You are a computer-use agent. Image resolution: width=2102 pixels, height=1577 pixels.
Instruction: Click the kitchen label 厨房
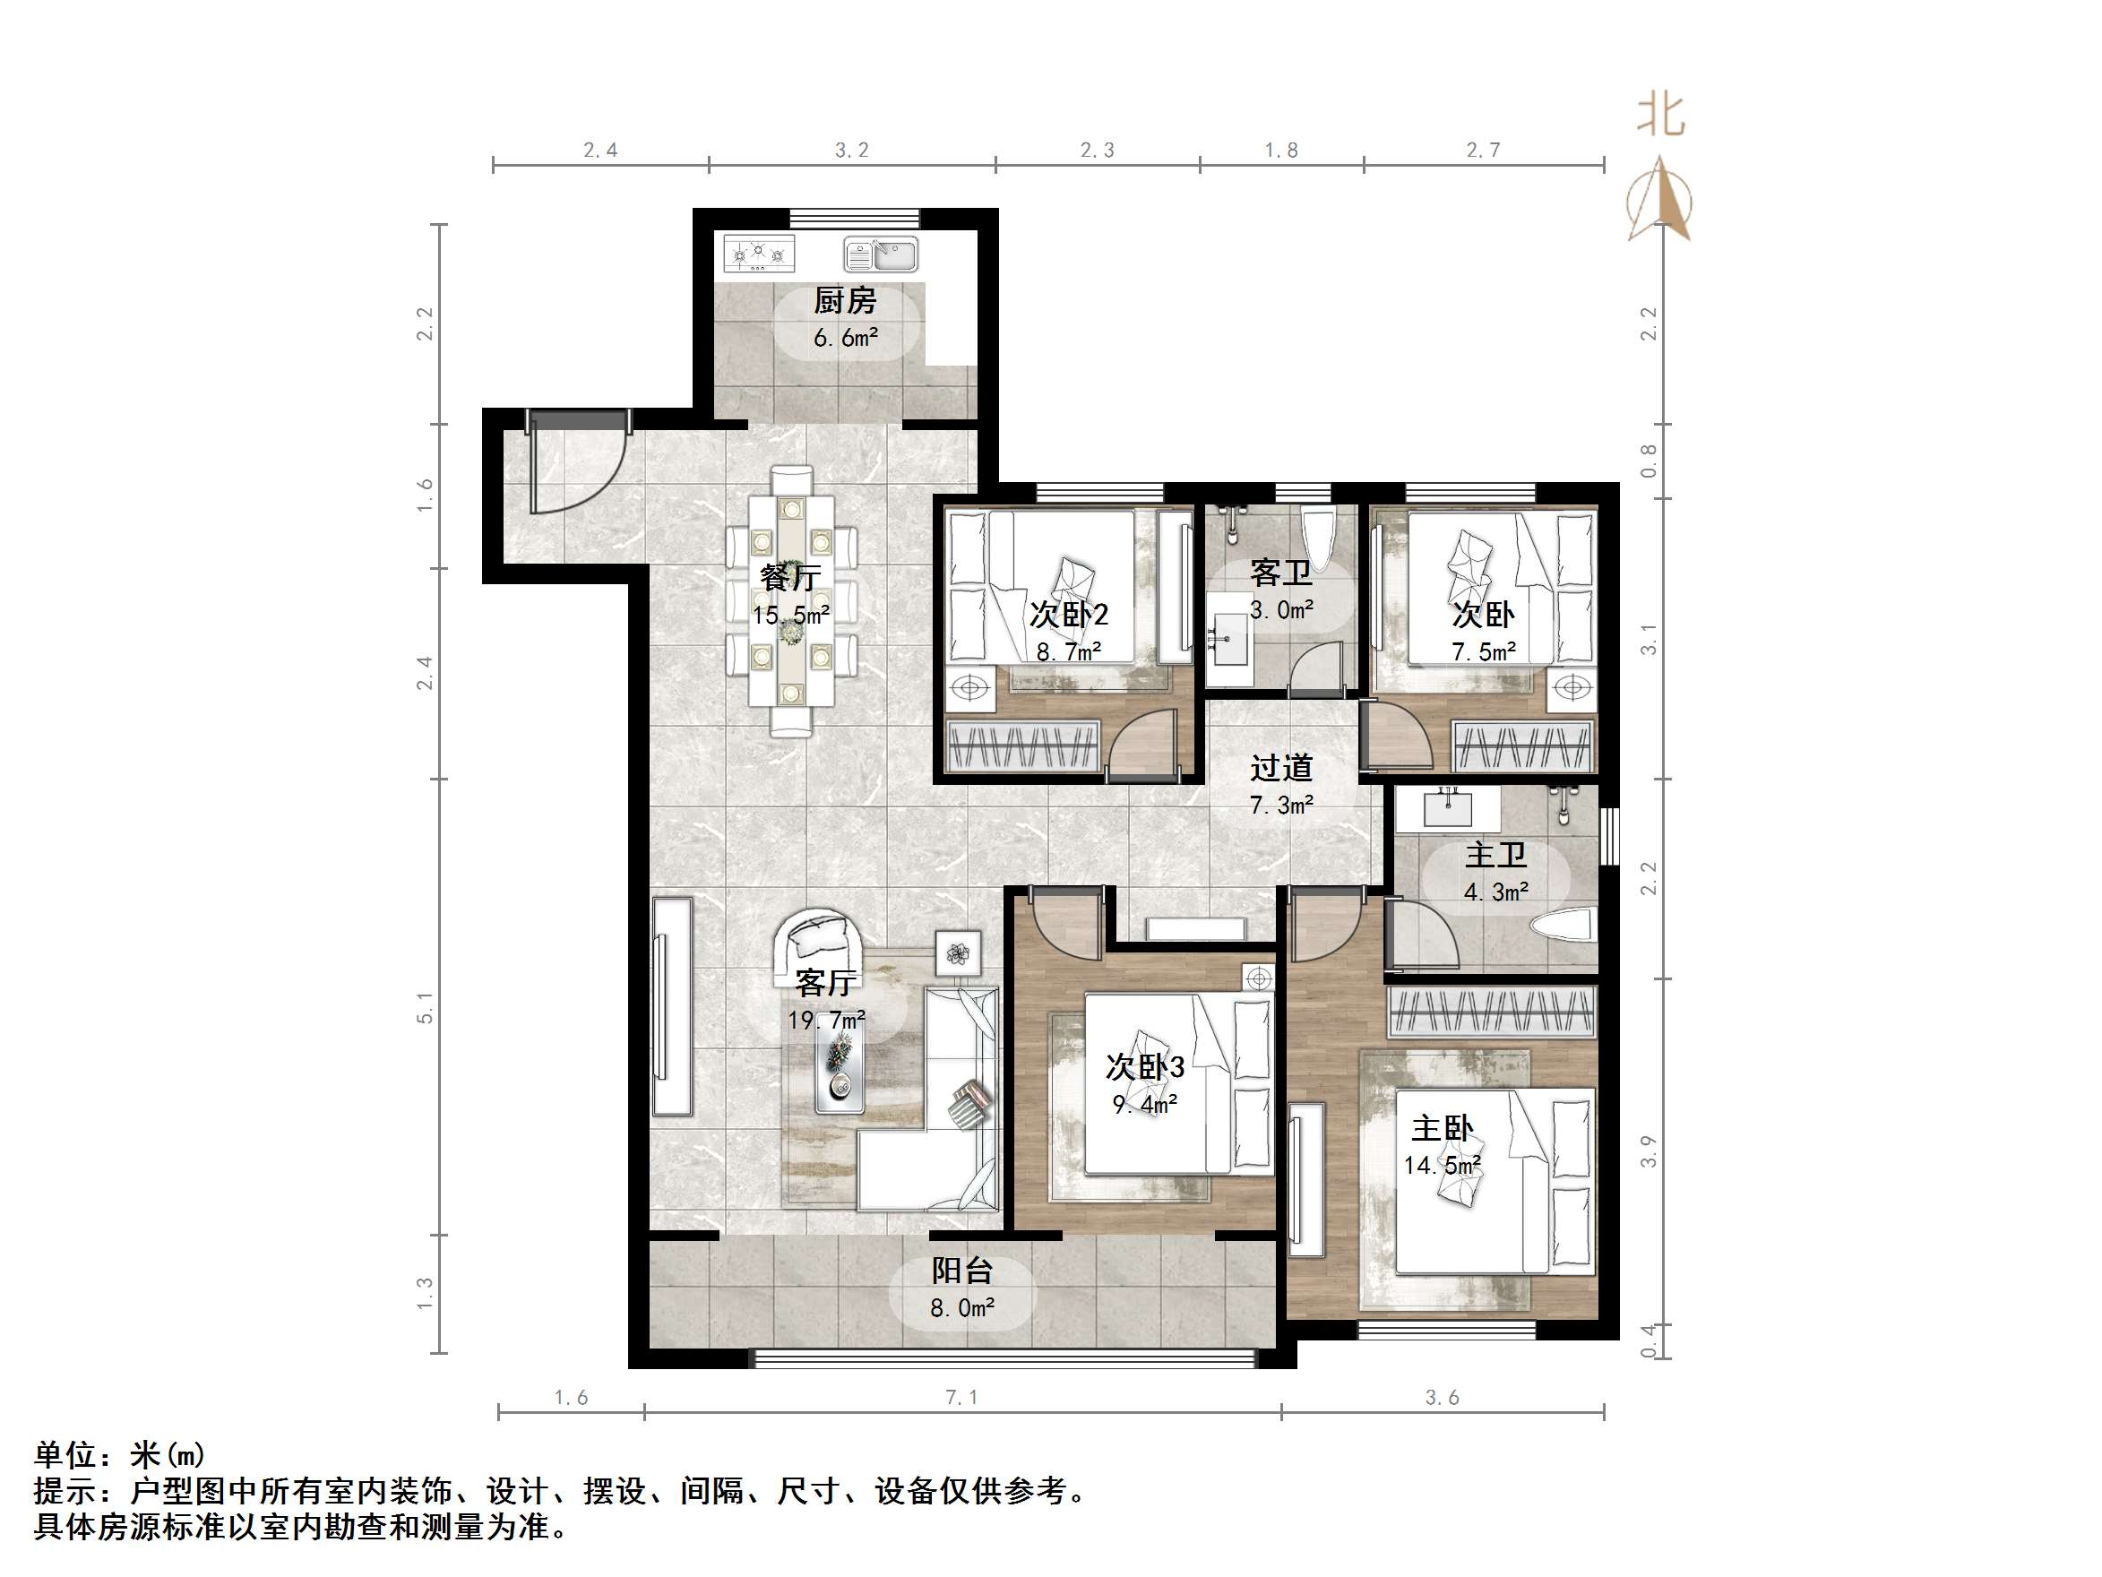844,301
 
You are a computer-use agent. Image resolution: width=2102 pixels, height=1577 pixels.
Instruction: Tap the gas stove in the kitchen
758,254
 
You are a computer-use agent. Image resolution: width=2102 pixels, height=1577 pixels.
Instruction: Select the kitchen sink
881,254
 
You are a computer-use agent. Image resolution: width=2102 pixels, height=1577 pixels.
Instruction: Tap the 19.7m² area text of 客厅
826,1020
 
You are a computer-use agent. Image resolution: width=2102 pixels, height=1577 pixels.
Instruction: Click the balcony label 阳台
961,1271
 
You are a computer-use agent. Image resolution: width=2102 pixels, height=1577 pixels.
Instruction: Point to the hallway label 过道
1281,768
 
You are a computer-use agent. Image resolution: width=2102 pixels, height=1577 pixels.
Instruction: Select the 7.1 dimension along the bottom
961,1397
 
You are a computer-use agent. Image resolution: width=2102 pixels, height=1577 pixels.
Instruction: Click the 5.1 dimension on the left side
425,1008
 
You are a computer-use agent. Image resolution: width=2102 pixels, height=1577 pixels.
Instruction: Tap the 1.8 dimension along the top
1280,151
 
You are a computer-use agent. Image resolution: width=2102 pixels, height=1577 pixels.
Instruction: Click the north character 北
1660,116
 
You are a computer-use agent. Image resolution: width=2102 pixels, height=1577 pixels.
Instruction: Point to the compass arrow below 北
1659,202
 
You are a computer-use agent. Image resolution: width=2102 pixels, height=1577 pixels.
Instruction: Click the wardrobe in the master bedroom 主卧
1491,1012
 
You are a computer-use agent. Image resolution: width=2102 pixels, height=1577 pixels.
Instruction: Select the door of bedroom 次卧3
1062,922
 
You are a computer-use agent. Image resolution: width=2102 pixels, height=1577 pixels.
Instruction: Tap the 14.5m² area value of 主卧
1442,1166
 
